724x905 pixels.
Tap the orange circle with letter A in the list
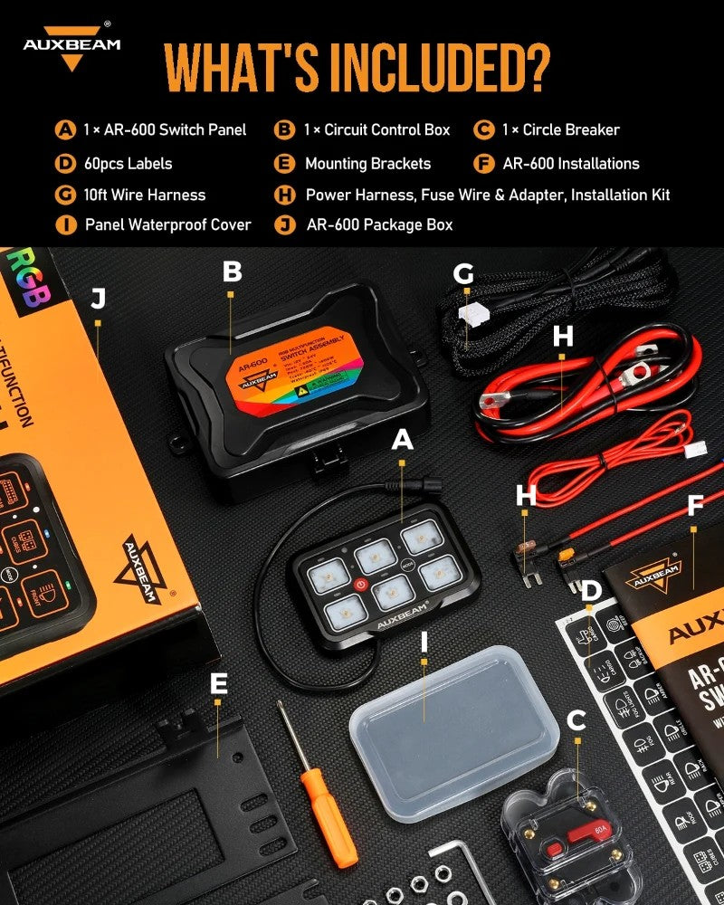pyautogui.click(x=65, y=129)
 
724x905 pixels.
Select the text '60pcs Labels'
pyautogui.click(x=127, y=164)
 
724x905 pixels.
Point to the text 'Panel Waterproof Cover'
pyautogui.click(x=167, y=224)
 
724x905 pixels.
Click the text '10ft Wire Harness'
pyautogui.click(x=144, y=195)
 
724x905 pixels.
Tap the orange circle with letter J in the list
pyautogui.click(x=286, y=224)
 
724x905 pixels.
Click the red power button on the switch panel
pyautogui.click(x=361, y=586)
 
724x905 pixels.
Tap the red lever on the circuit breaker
pyautogui.click(x=562, y=851)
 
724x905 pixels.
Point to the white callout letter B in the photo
pyautogui.click(x=232, y=271)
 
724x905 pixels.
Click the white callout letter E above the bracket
pyautogui.click(x=218, y=685)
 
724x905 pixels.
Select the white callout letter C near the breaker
pyautogui.click(x=576, y=721)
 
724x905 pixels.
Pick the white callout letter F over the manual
pyautogui.click(x=694, y=505)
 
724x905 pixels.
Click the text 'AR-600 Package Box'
pyautogui.click(x=380, y=224)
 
